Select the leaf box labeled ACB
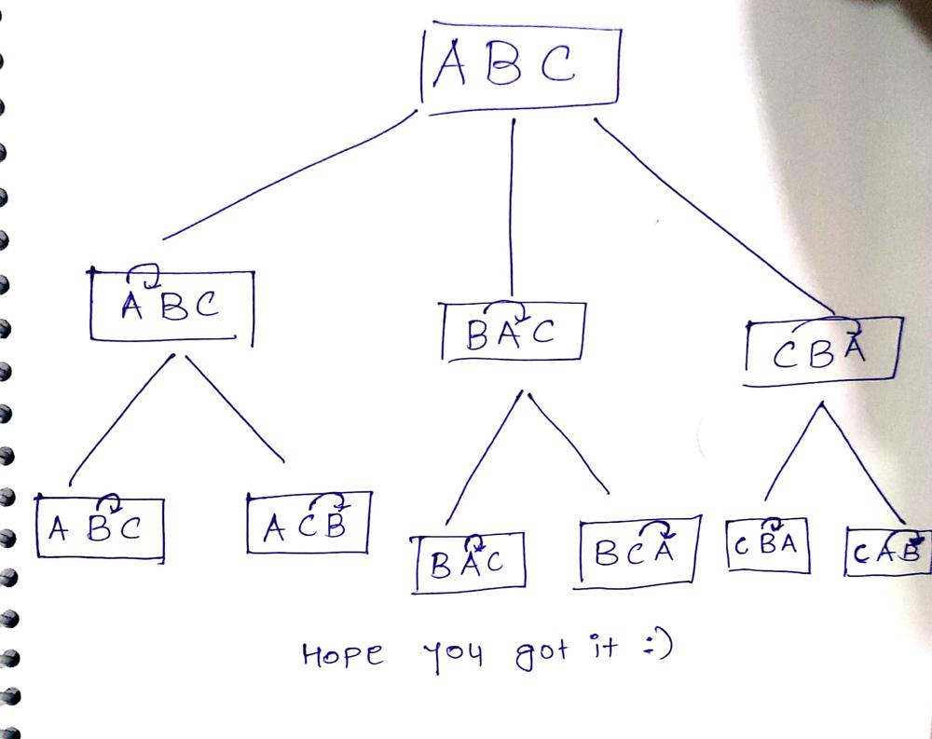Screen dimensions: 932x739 [x=308, y=523]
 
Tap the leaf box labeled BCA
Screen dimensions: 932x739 [x=637, y=553]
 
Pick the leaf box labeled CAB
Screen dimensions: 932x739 [x=888, y=552]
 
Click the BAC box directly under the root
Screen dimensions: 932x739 [x=513, y=332]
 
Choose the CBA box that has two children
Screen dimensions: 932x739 [x=823, y=351]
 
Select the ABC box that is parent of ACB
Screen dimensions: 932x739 [x=171, y=307]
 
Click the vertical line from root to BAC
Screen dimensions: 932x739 [x=512, y=208]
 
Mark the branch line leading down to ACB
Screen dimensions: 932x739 [x=234, y=408]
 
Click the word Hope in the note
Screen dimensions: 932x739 [x=342, y=654]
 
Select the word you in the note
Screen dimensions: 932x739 [x=453, y=656]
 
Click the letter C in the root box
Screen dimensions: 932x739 [x=557, y=62]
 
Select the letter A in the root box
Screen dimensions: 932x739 [x=450, y=62]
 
